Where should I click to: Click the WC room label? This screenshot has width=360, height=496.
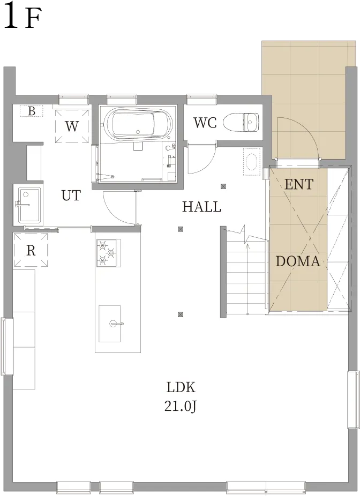tap(205, 123)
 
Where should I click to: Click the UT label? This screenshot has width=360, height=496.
tap(71, 196)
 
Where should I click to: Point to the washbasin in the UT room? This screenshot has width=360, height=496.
tap(29, 205)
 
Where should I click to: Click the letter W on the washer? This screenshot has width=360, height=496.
tap(72, 126)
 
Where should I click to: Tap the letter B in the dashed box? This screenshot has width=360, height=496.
tap(31, 111)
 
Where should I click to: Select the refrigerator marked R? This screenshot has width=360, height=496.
tap(31, 250)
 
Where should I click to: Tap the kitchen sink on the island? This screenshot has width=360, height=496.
tap(109, 324)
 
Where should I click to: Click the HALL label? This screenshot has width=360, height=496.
tap(201, 207)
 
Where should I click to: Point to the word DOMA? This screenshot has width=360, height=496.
tap(297, 261)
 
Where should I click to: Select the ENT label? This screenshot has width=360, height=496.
tap(299, 184)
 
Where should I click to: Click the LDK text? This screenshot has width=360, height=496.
tap(181, 387)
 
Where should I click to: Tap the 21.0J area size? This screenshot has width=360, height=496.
tap(181, 406)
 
